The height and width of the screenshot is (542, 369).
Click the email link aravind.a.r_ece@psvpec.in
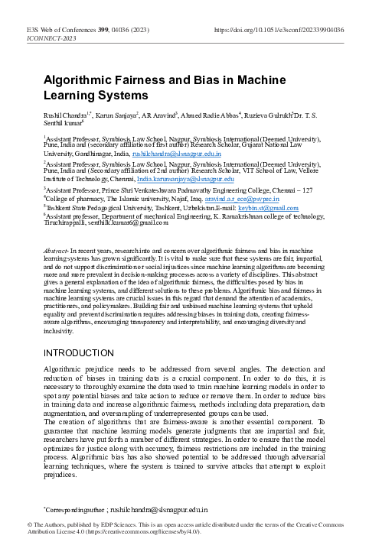245,197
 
